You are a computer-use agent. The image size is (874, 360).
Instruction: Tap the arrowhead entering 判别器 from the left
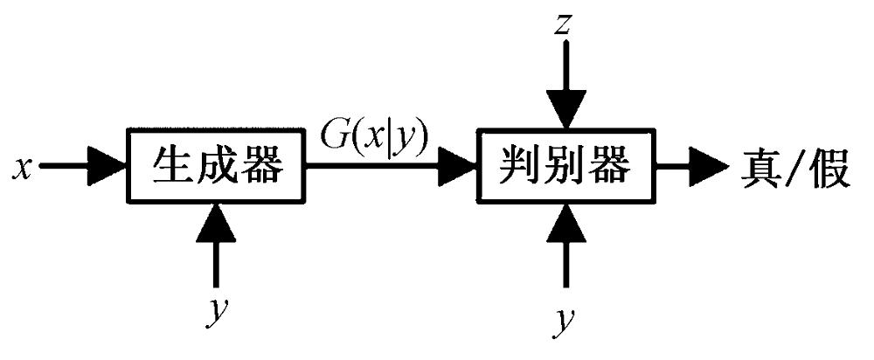coord(460,167)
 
